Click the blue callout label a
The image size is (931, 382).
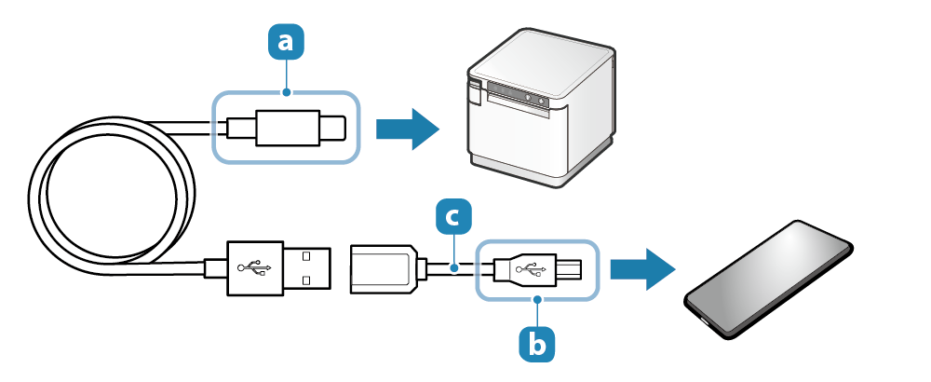[x=286, y=41]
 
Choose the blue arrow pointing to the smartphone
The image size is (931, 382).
[x=641, y=268]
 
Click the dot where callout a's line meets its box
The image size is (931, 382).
[x=286, y=91]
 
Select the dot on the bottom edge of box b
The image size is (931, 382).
[x=537, y=299]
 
